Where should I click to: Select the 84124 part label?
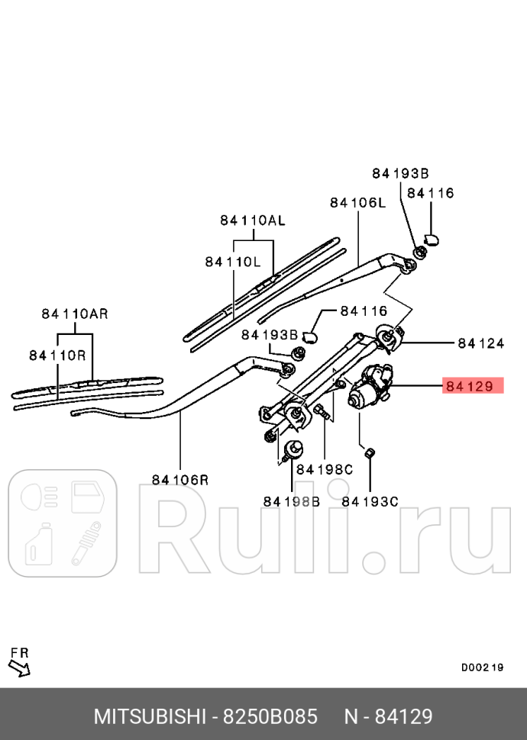tap(481, 343)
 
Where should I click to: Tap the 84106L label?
tap(357, 202)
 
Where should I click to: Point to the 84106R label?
tap(179, 480)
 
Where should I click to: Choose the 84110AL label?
tap(252, 220)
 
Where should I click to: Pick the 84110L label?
tap(233, 262)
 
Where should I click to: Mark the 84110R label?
tap(57, 355)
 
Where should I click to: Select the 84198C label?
tap(325, 469)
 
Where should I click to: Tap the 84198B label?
tap(291, 501)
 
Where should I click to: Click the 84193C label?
tap(370, 501)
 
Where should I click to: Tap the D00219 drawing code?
tap(482, 667)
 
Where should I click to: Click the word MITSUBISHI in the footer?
tap(150, 717)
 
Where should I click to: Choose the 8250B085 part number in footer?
tap(270, 717)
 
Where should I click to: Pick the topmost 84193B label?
tap(400, 173)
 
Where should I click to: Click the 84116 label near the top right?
tap(430, 193)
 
